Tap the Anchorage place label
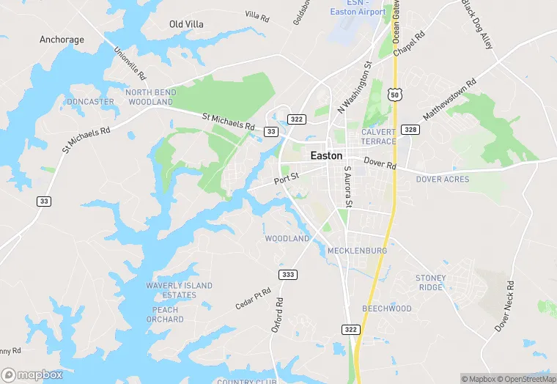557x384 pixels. (62, 40)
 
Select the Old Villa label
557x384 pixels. (186, 24)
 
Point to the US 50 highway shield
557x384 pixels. (396, 95)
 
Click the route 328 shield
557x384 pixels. (410, 130)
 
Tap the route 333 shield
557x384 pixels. (288, 274)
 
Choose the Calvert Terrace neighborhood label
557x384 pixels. (378, 136)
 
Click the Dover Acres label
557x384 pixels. (443, 179)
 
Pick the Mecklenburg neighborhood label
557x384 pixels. (357, 251)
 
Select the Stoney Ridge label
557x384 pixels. (430, 282)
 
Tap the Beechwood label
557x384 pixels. (387, 309)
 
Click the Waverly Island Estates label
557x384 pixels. (179, 290)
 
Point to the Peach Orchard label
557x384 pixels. (165, 314)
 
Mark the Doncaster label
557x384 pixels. (90, 102)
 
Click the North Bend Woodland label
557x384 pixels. (150, 97)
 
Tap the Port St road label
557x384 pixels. (287, 178)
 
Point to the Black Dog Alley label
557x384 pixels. (477, 23)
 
